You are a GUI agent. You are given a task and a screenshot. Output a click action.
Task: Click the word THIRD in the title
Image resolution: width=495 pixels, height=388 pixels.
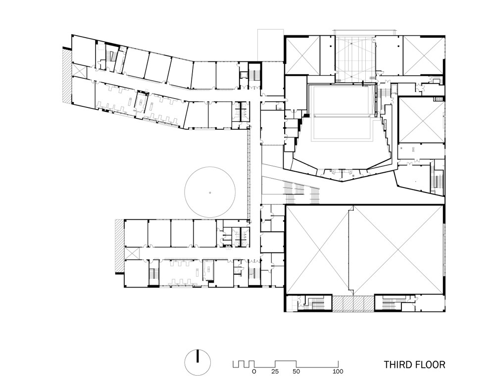(399, 365)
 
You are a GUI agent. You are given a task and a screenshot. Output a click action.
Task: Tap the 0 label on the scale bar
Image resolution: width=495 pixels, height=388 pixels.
(254, 372)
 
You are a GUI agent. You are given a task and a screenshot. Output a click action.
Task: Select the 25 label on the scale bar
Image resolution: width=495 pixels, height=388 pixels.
(275, 372)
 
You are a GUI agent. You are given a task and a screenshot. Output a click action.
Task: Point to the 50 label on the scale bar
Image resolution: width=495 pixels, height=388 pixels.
(296, 372)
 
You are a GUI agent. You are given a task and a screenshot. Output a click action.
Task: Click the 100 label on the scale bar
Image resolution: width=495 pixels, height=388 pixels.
(338, 372)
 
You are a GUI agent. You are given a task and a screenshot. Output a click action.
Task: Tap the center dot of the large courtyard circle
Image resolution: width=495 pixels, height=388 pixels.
(210, 192)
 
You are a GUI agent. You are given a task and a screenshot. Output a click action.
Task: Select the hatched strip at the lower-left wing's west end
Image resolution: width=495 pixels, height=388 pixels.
(119, 246)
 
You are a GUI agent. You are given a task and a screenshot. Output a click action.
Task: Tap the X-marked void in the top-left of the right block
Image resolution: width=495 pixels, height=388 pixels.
(303, 55)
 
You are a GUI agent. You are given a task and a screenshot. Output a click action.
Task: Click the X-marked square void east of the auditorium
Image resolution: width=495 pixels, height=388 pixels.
(420, 119)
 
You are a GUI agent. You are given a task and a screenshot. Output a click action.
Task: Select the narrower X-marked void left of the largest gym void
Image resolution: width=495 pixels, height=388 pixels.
(317, 249)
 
